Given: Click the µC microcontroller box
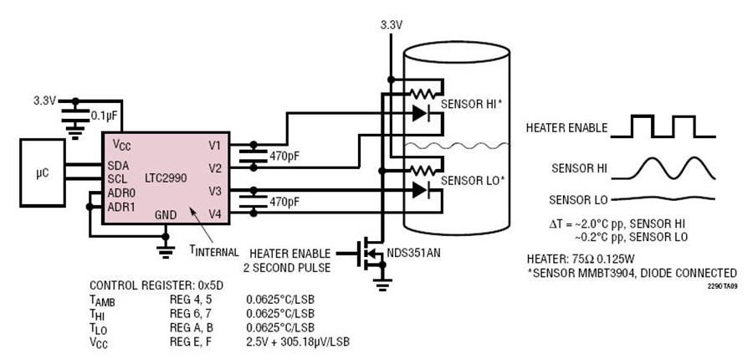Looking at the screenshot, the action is pos(43,172).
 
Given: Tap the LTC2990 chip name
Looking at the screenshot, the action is pos(166,177).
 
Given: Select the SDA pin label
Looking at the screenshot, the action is pos(118,165).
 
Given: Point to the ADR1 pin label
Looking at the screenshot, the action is pos(121,207).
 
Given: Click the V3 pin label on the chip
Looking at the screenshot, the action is pos(214,191).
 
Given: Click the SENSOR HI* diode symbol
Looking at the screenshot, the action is pos(420,113).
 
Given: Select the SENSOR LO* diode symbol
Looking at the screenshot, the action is pos(420,190).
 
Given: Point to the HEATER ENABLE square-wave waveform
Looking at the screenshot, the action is pos(663,126).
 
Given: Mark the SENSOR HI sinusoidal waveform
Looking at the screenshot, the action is pos(663,168).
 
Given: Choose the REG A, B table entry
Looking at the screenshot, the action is pos(191,328).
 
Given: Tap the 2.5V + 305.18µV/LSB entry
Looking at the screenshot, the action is pos(298,342).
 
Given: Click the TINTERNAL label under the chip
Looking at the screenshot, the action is pos(213,251).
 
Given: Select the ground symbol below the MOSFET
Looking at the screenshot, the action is pos(382,285).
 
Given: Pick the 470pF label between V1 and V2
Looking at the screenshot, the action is pos(284,157).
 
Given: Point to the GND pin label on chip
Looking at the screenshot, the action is pos(166,215).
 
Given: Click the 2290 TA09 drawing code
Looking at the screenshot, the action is pos(722,285).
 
